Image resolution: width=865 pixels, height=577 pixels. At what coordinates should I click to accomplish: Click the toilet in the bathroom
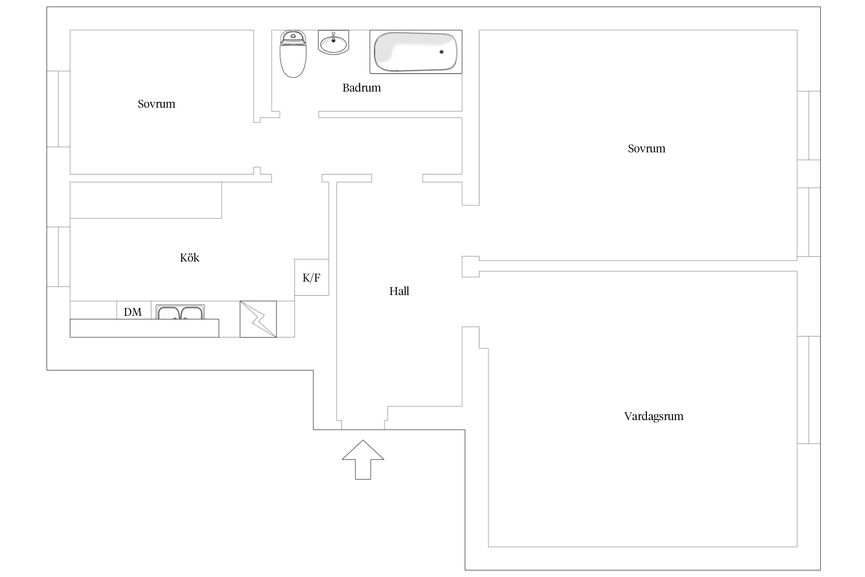coord(293,54)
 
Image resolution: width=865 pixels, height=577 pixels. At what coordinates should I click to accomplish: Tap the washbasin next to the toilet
coord(333,42)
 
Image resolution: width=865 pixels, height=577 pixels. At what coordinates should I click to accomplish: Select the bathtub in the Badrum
coord(416,52)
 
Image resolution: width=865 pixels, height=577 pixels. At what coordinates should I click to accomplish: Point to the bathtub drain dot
coord(441,52)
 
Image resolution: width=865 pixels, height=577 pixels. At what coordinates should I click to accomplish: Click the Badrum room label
coord(361,88)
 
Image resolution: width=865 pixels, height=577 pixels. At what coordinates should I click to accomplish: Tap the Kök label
coord(190,257)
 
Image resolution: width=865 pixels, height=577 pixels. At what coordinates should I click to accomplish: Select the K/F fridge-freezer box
coord(311,277)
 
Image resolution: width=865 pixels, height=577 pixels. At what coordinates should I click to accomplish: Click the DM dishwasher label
coord(133,312)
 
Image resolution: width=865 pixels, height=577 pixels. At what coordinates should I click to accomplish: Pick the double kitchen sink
coord(180,312)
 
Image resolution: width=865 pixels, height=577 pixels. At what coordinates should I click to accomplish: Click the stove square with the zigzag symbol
coord(258,319)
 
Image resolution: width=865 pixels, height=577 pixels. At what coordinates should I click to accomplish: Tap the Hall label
coord(399,291)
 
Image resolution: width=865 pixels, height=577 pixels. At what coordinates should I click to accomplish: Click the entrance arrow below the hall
coord(363,459)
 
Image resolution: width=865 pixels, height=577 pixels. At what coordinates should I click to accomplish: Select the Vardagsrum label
coord(654,416)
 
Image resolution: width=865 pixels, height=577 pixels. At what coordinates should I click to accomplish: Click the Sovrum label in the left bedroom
coord(156,104)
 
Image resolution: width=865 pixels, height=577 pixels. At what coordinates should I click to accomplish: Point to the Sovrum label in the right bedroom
coord(646,148)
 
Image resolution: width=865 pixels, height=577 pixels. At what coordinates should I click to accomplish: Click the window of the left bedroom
coord(58,109)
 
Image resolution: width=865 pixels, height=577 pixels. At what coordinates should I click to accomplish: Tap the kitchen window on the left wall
coord(58,257)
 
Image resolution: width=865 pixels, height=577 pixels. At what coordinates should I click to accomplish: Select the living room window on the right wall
coord(809,390)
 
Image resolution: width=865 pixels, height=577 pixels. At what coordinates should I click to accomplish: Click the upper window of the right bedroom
coord(809,125)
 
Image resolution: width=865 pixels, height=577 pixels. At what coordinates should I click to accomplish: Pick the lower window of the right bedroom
coord(809,222)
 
